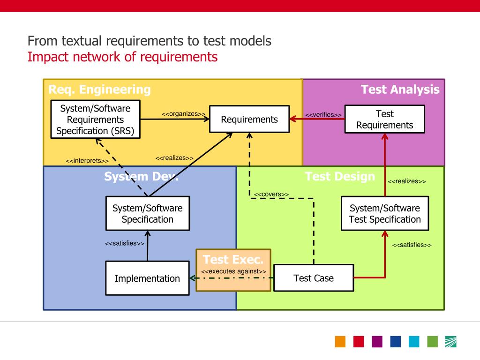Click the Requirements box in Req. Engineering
249,119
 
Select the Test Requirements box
384,120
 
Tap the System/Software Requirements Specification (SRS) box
95,120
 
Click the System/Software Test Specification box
385,214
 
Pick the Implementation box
147,278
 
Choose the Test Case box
313,278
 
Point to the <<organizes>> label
183,114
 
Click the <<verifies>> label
323,115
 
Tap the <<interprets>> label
87,161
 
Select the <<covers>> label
271,195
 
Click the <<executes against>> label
233,271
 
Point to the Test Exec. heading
233,259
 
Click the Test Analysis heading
400,90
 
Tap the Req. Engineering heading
100,90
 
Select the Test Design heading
340,177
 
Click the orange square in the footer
340,342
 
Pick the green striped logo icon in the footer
450,342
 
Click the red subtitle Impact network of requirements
122,57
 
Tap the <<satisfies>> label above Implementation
124,243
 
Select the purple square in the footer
377,342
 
